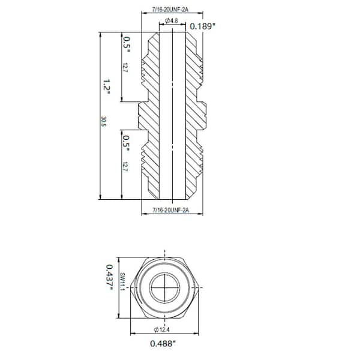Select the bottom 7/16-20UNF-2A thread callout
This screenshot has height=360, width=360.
[x=172, y=211]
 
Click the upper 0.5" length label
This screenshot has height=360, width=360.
[x=127, y=43]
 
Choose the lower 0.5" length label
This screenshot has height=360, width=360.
[x=127, y=143]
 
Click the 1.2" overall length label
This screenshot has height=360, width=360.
[x=106, y=87]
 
